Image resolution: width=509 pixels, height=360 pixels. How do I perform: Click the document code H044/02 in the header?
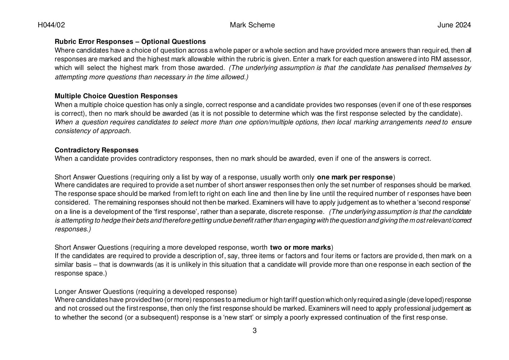[51, 25]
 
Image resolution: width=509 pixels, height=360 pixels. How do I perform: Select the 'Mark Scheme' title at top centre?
[252, 25]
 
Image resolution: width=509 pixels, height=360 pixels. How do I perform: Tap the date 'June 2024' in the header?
[454, 25]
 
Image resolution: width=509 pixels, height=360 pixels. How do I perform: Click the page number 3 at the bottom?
[254, 331]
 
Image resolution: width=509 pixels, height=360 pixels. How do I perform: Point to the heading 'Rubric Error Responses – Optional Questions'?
[130, 42]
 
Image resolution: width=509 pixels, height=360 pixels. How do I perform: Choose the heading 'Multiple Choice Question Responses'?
[116, 96]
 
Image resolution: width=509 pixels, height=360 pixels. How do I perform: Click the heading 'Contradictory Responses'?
[96, 150]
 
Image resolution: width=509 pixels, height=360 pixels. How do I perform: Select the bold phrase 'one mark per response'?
[354, 177]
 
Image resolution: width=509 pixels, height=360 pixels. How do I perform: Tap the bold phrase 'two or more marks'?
[300, 247]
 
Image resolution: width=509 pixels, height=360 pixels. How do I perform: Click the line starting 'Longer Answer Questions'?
[146, 292]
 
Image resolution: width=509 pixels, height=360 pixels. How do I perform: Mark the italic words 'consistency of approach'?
[92, 131]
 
